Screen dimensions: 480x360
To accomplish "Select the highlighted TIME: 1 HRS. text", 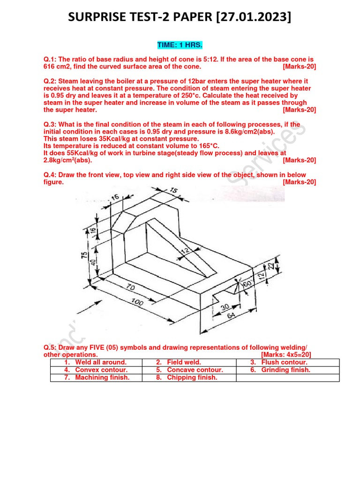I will coord(180,45).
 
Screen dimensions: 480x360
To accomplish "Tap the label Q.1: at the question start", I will coord(50,60).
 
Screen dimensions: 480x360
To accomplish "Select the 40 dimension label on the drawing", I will coord(94,263).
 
